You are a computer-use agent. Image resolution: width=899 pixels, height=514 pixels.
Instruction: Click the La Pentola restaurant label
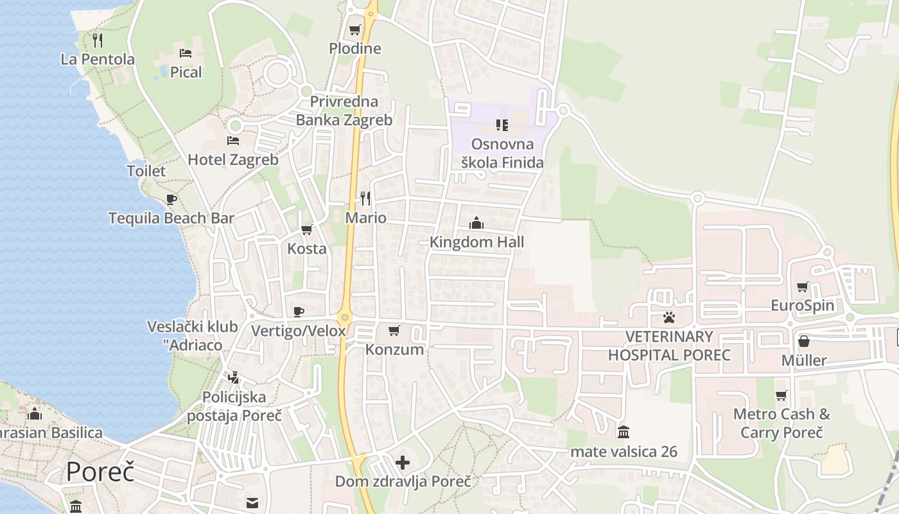click(98, 59)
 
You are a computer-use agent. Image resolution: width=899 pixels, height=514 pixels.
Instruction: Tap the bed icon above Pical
click(186, 53)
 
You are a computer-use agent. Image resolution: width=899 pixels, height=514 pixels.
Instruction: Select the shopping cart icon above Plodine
click(354, 30)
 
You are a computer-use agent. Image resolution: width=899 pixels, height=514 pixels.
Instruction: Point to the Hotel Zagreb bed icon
click(233, 140)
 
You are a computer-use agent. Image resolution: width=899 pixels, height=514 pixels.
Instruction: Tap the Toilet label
click(146, 171)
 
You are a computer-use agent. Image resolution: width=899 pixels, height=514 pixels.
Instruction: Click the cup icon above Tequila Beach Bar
click(171, 199)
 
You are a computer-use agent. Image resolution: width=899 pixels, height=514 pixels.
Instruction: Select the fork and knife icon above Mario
click(365, 198)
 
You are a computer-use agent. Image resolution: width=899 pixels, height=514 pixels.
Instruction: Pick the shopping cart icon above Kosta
click(307, 229)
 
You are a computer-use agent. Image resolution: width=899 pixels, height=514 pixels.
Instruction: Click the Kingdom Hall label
click(476, 242)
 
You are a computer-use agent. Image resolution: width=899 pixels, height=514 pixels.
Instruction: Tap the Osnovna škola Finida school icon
click(502, 125)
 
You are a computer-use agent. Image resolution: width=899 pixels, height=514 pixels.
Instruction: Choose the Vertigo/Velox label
click(299, 331)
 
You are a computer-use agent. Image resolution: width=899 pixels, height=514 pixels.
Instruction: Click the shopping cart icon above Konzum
click(394, 330)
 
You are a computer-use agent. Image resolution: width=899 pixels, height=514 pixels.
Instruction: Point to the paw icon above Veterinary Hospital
click(669, 317)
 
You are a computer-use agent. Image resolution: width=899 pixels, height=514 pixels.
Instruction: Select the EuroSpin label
click(803, 305)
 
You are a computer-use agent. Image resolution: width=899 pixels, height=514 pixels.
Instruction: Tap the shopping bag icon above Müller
click(803, 341)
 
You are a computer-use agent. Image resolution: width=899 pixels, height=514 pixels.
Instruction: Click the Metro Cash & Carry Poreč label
click(781, 423)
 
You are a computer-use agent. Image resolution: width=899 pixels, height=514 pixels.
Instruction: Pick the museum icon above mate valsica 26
click(624, 432)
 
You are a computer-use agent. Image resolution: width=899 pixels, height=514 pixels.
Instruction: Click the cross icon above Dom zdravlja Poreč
click(403, 462)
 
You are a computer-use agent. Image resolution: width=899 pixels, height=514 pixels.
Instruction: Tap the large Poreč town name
click(100, 472)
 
